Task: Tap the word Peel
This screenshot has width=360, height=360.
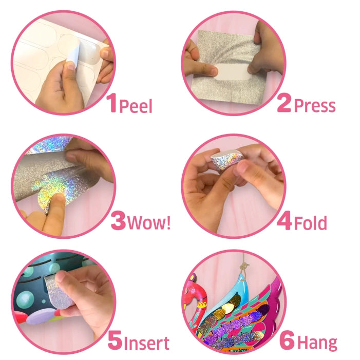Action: (x=136, y=106)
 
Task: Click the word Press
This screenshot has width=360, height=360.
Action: (x=314, y=106)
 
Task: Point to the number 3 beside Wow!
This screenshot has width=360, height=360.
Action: (x=118, y=220)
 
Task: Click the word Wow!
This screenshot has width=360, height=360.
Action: (x=149, y=222)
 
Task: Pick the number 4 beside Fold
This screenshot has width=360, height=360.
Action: (x=284, y=221)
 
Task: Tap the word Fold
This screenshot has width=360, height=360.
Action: (x=310, y=223)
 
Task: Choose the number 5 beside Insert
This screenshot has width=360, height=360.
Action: (x=115, y=340)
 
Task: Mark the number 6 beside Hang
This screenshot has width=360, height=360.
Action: (x=287, y=340)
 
